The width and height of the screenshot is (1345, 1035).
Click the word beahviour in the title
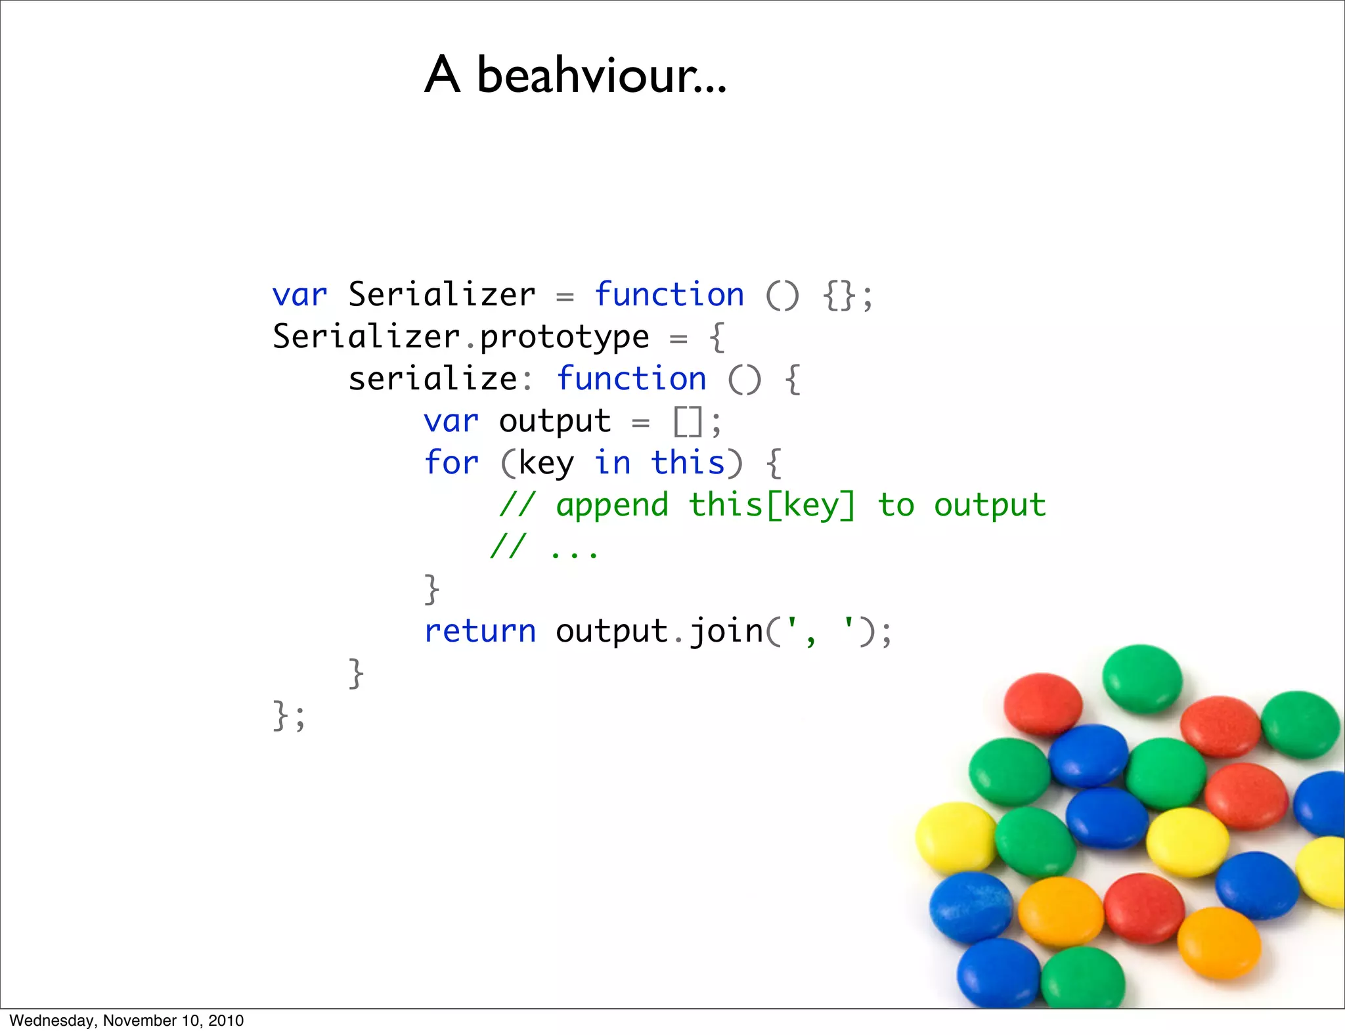point(601,75)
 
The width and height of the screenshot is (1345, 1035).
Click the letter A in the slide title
point(442,74)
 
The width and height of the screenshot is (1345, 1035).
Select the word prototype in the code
point(564,337)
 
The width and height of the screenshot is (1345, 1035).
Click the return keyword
point(480,631)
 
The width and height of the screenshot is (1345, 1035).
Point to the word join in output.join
point(726,632)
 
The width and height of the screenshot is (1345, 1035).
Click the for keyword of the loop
point(451,462)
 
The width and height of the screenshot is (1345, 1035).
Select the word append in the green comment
point(612,506)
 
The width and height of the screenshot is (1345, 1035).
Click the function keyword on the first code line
point(669,295)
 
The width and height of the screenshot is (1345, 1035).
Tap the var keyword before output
point(451,421)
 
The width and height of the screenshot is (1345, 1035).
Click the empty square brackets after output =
point(688,422)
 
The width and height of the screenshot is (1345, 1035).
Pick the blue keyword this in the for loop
point(688,462)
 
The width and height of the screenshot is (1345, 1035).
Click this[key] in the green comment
point(772,506)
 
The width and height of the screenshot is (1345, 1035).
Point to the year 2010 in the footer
point(226,1021)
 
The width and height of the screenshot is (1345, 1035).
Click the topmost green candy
point(1141,678)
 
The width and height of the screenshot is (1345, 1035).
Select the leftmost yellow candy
point(956,837)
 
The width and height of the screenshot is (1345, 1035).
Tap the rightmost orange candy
point(1219,943)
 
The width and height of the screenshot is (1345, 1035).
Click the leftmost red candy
point(1043,703)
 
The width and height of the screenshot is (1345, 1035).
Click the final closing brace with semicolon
point(289,715)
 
